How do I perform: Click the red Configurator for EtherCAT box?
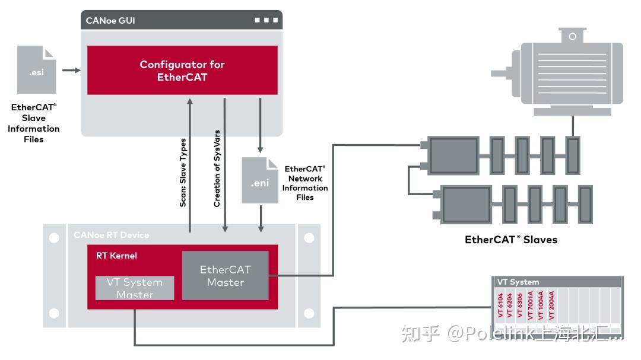pyautogui.click(x=182, y=70)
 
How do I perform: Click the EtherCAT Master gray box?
pyautogui.click(x=225, y=275)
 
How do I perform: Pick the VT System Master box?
pyautogui.click(x=135, y=288)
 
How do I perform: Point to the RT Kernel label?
pyautogui.click(x=116, y=256)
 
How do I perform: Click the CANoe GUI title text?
pyautogui.click(x=110, y=20)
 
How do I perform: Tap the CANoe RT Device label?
pyautogui.click(x=111, y=235)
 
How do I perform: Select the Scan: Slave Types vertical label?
pyautogui.click(x=183, y=173)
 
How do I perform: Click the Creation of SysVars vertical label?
pyautogui.click(x=217, y=168)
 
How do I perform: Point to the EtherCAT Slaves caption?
pyautogui.click(x=511, y=240)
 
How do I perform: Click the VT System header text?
pyautogui.click(x=518, y=282)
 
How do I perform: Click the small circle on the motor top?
pyautogui.click(x=572, y=36)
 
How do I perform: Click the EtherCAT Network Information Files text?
pyautogui.click(x=305, y=183)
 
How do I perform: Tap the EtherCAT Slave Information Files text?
pyautogui.click(x=34, y=123)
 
